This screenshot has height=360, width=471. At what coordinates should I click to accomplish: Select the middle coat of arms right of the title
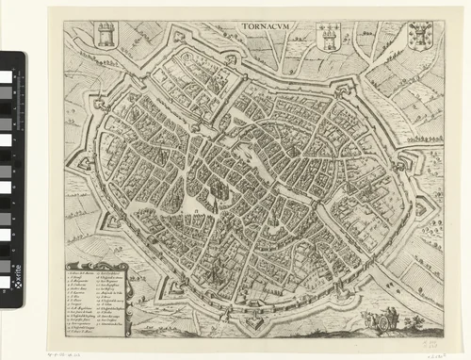(x=329, y=36)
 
